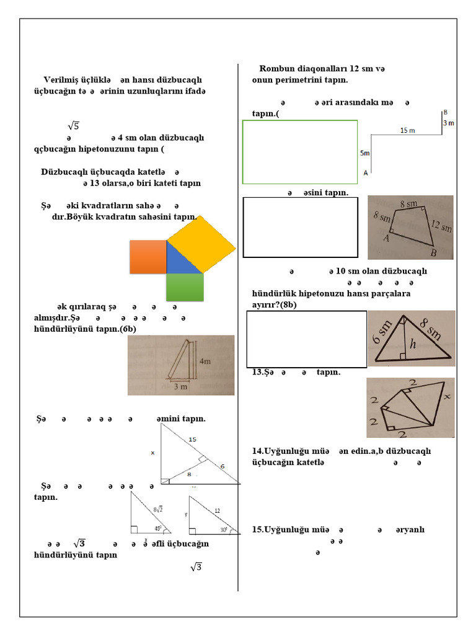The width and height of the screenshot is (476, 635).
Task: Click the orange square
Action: click(x=148, y=257)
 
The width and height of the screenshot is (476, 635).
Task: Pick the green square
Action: click(x=185, y=288)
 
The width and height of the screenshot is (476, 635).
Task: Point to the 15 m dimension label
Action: click(x=408, y=131)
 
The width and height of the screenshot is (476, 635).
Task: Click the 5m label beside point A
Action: click(x=364, y=153)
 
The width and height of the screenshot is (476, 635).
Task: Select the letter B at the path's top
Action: click(x=445, y=112)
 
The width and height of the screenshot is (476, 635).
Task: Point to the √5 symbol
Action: click(x=73, y=126)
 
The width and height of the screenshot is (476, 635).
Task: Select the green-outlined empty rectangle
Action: click(x=300, y=152)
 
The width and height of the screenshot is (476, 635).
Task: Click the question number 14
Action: click(x=258, y=451)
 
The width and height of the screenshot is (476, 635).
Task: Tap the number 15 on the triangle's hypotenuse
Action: click(x=192, y=439)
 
